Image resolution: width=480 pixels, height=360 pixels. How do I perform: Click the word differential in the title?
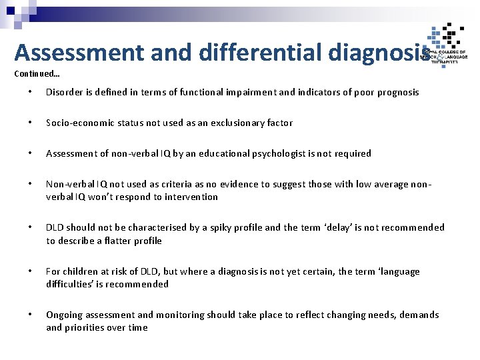254,53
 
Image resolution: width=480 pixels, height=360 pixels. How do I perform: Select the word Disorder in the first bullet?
64,92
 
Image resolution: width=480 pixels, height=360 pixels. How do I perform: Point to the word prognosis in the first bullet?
398,92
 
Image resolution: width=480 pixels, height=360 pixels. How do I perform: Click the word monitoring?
180,315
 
